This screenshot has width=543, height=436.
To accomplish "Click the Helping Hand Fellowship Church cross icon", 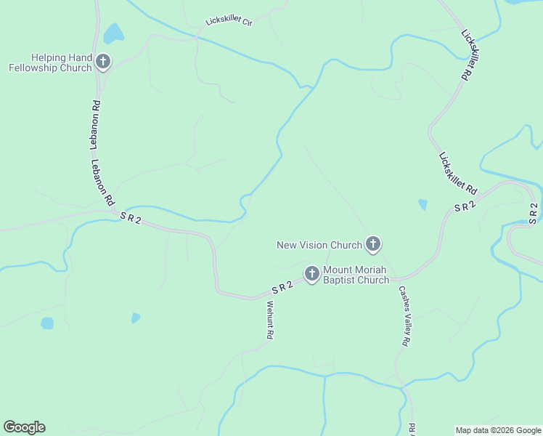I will (103, 62).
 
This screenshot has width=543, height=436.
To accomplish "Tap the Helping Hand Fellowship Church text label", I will (50, 62).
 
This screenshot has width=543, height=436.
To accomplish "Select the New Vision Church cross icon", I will (373, 244).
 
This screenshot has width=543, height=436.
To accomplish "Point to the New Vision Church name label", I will (319, 245).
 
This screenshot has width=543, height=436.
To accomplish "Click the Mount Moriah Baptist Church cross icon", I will (312, 274).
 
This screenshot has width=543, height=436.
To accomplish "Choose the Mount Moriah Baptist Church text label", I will (356, 275).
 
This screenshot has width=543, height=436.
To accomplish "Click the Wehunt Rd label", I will (269, 320).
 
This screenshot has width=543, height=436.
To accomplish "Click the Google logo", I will (24, 427).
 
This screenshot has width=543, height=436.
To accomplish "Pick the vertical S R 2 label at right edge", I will (534, 213).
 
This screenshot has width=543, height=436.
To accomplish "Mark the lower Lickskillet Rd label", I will (458, 172).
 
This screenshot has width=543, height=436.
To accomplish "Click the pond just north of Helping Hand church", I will (113, 33).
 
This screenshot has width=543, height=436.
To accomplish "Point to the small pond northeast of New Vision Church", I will (422, 205).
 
